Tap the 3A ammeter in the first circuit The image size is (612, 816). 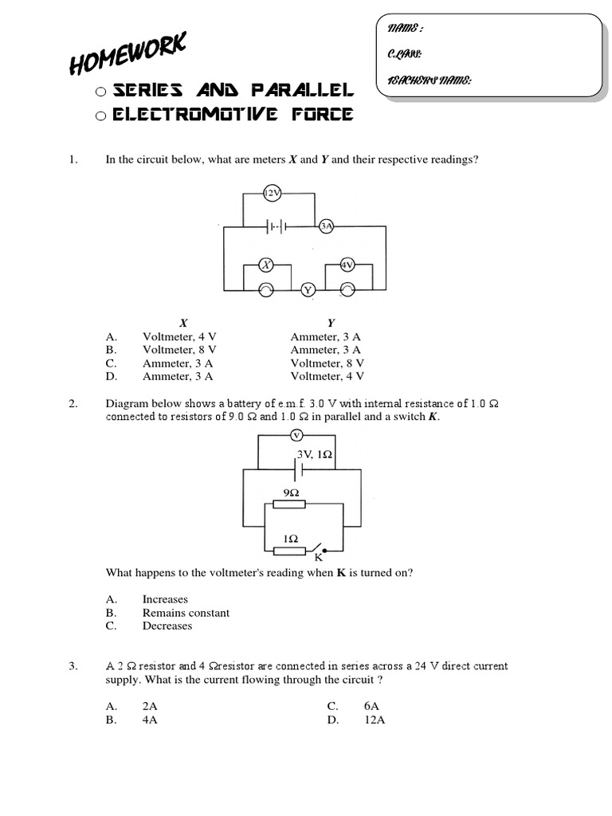pos(325,226)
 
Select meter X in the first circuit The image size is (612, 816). pos(269,264)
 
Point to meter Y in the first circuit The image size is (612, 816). pos(308,289)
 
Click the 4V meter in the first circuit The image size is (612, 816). pos(347,264)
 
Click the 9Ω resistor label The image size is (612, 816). pos(290,492)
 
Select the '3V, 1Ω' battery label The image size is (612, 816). pos(314,454)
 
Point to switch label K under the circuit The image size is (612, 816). pos(318,557)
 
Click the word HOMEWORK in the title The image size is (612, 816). pos(127,53)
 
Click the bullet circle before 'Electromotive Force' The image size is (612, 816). pos(100,116)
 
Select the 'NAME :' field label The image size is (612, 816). pos(405,29)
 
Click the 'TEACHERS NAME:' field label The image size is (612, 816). pos(429,80)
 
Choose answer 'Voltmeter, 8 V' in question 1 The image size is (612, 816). pos(179,349)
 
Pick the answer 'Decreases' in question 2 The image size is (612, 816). pos(167,626)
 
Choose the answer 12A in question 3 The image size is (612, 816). pos(375,720)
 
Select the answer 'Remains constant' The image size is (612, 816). pos(186,613)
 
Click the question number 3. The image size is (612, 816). pos(72,666)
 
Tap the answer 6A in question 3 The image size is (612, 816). pos(371,706)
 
